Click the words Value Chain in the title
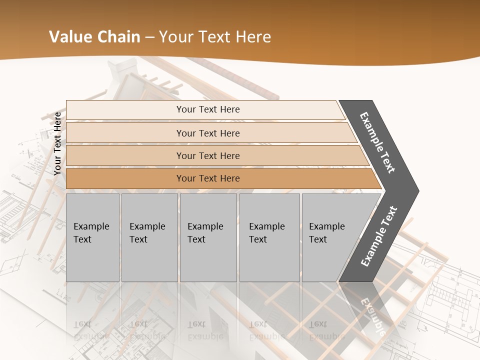[x=94, y=37]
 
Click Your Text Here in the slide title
[x=214, y=37]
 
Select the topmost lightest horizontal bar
[x=207, y=109]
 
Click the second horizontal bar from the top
[x=207, y=133]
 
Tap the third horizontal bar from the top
[x=207, y=155]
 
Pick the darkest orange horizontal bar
[x=207, y=178]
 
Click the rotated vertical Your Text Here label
[x=57, y=143]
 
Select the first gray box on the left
[x=92, y=237]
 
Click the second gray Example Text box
[x=149, y=237]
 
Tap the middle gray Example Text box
[x=207, y=237]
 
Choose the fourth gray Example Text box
[x=269, y=237]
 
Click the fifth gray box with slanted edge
[x=330, y=237]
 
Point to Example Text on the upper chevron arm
[x=377, y=142]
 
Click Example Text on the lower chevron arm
[x=379, y=236]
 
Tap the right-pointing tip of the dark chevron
[x=415, y=191]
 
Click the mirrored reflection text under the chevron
[x=372, y=315]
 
